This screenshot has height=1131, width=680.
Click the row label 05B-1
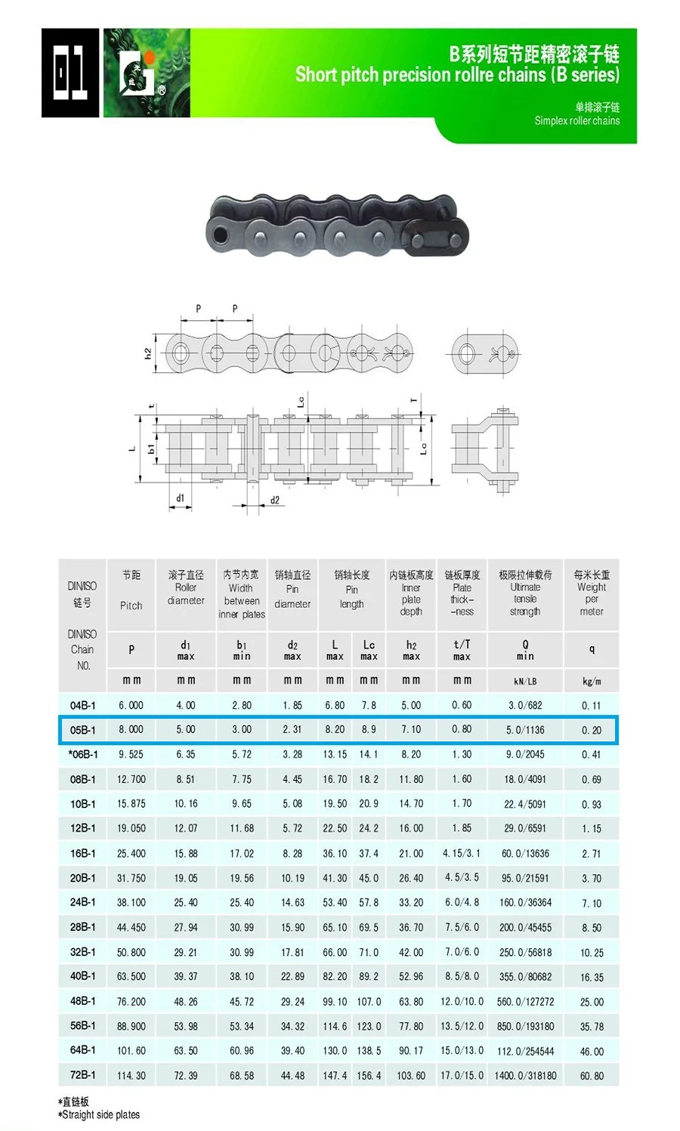[82, 730]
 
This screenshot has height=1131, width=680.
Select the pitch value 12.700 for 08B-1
[131, 779]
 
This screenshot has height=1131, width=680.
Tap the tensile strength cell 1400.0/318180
[526, 1075]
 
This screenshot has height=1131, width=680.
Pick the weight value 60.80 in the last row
[592, 1075]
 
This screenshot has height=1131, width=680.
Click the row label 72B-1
[82, 1075]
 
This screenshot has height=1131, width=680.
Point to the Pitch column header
[131, 605]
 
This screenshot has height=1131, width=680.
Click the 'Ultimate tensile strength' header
[525, 593]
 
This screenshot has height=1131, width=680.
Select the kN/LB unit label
[525, 681]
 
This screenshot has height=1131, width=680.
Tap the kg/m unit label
[592, 681]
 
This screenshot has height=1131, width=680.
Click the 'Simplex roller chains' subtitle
[576, 121]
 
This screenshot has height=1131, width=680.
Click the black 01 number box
[70, 72]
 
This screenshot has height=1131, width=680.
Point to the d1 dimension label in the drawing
[180, 498]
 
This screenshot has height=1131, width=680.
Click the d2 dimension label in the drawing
[274, 500]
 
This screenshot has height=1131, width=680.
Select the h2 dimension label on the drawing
[148, 353]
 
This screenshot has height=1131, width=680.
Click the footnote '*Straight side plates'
[100, 1114]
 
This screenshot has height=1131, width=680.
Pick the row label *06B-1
[82, 754]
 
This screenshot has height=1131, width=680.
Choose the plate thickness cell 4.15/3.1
[462, 853]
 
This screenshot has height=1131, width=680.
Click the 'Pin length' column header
[351, 593]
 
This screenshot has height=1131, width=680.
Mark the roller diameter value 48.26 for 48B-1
[186, 1001]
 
